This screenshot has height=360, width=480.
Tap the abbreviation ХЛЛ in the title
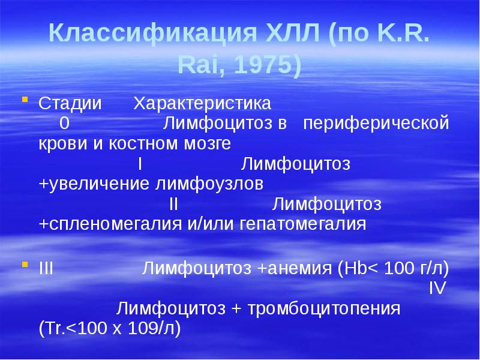tap(280, 33)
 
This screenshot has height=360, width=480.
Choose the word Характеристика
tap(202, 103)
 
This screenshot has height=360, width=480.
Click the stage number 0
tap(64, 124)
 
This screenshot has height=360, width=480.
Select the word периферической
tap(376, 124)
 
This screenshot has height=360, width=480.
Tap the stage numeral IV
tap(437, 289)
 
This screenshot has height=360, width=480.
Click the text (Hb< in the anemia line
tap(358, 269)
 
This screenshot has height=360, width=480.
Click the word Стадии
tap(70, 103)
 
